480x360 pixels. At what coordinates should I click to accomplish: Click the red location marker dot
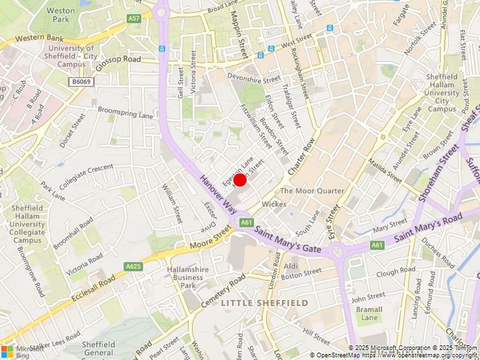click(240, 180)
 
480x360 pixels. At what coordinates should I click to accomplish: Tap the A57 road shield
click(134, 18)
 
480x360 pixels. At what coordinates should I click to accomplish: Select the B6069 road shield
click(81, 82)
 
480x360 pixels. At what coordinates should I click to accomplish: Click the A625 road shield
click(134, 266)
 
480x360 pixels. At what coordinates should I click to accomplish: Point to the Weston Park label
click(60, 15)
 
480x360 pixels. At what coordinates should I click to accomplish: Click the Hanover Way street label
click(218, 195)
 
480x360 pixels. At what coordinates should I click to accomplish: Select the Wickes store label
click(274, 204)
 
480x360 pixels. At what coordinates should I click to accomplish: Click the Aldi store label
click(291, 266)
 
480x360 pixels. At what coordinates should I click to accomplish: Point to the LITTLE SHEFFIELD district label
click(264, 303)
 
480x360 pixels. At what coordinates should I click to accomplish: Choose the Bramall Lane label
click(369, 314)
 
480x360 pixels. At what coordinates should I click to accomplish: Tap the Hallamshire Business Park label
click(188, 277)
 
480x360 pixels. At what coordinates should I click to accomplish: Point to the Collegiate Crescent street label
click(86, 173)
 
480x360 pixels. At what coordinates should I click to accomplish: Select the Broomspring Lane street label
click(125, 112)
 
